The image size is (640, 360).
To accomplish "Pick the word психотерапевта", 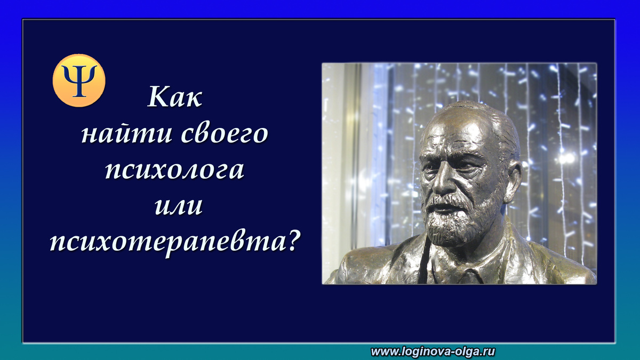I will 164,243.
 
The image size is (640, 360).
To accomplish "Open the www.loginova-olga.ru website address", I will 434,351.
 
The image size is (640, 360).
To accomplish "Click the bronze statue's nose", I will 442,181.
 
